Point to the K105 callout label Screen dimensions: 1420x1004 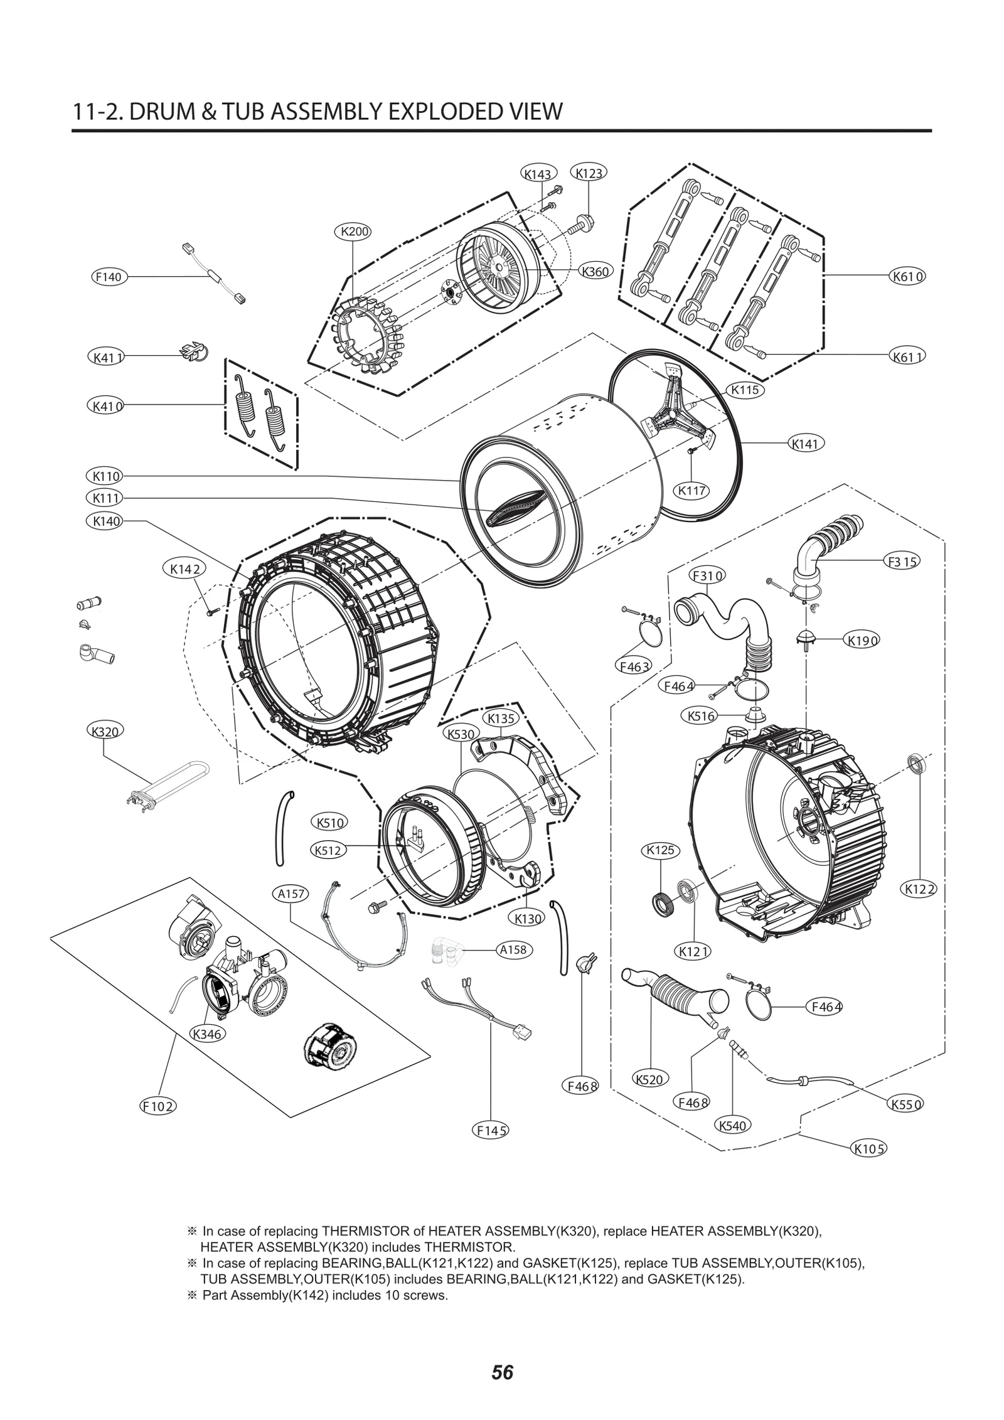pyautogui.click(x=869, y=1149)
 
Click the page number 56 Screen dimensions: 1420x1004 pyautogui.click(x=502, y=1368)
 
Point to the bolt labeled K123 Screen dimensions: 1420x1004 pyautogui.click(x=584, y=223)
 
